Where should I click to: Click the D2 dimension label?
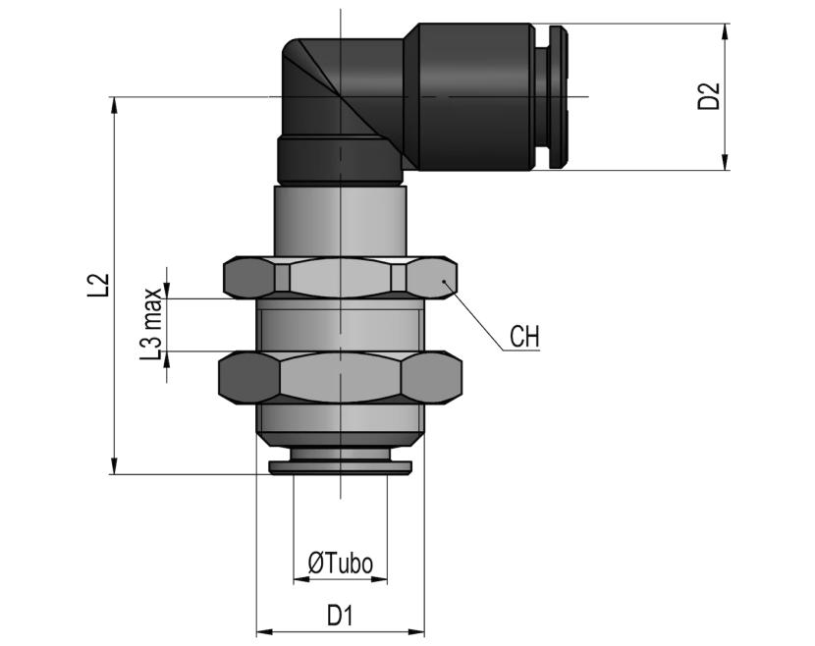click(709, 95)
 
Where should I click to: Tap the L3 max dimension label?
click(152, 323)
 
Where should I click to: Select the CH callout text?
click(524, 337)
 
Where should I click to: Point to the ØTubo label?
click(341, 563)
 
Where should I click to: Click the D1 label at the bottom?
click(340, 616)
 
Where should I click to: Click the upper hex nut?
click(341, 278)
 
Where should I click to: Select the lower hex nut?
click(341, 378)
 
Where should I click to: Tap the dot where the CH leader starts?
click(445, 281)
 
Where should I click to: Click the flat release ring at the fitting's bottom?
click(341, 466)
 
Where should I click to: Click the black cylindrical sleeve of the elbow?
click(470, 96)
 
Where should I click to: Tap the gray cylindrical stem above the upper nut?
click(341, 220)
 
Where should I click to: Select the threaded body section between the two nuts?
click(341, 325)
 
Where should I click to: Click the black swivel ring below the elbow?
click(341, 161)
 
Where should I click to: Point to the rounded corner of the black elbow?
click(292, 50)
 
